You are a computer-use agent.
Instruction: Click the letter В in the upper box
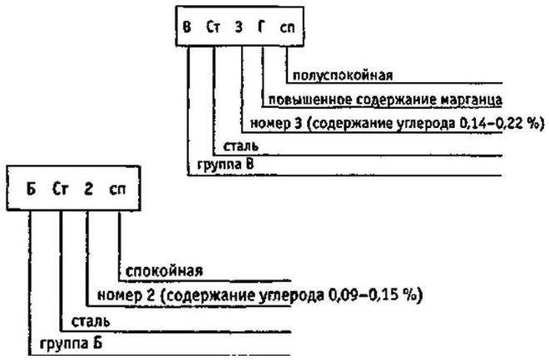click(x=187, y=27)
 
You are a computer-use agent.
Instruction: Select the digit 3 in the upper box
click(x=239, y=27)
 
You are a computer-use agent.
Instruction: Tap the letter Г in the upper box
click(x=261, y=27)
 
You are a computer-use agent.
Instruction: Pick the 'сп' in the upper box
click(x=287, y=27)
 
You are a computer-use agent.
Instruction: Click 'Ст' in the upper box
click(x=213, y=27)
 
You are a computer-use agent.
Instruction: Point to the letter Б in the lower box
click(x=31, y=189)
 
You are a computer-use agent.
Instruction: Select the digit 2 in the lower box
click(x=88, y=189)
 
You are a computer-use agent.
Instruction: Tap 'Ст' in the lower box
click(x=60, y=189)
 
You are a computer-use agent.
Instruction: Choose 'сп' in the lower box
click(x=117, y=190)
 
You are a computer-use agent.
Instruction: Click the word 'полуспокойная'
click(x=343, y=76)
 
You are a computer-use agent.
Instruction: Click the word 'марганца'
click(x=472, y=100)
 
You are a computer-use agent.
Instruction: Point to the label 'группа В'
click(x=225, y=165)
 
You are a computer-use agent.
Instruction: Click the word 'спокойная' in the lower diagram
click(x=164, y=272)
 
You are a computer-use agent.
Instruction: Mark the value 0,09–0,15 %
click(x=375, y=296)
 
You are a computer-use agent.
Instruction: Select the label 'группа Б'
click(x=71, y=343)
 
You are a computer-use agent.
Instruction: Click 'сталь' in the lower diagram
click(x=91, y=322)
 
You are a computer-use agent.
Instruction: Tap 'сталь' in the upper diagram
click(x=241, y=146)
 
